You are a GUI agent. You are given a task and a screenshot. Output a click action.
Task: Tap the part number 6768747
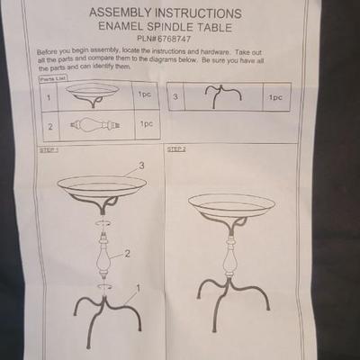(174, 39)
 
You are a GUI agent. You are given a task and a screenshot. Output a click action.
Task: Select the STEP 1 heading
(49, 150)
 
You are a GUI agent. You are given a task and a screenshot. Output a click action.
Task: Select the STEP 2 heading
(176, 149)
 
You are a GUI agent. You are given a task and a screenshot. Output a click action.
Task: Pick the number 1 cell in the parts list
(49, 98)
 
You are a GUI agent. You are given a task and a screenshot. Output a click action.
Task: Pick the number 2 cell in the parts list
(50, 127)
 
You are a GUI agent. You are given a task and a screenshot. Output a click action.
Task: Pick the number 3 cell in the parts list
(175, 97)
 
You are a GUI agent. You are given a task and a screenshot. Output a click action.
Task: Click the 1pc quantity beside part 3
(275, 97)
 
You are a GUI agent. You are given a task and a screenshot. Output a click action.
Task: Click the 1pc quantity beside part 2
(147, 124)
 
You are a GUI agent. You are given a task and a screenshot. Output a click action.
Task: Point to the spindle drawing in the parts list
(95, 125)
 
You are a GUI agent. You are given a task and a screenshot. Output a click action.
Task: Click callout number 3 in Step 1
(141, 166)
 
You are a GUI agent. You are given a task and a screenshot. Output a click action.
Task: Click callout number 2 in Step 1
(127, 254)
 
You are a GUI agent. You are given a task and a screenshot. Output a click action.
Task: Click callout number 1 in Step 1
(138, 288)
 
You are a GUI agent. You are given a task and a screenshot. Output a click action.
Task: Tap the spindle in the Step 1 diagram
(103, 255)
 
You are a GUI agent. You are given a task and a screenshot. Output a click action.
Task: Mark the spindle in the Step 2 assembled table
(230, 256)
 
